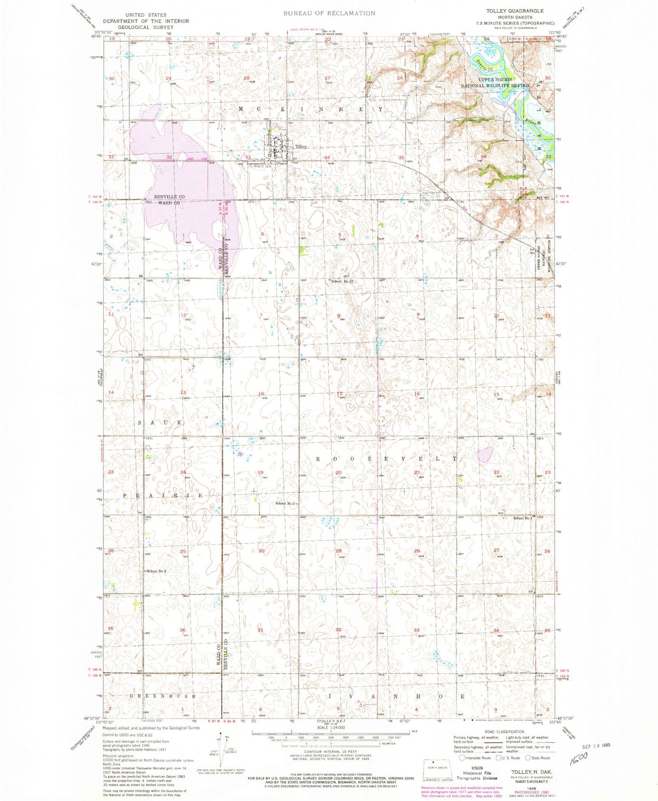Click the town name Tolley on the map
click(301, 147)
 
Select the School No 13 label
click(342, 281)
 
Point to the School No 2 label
click(156, 571)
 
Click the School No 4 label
click(522, 518)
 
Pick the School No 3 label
click(286, 503)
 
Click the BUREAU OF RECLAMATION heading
click(329, 13)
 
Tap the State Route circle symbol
click(528, 758)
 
